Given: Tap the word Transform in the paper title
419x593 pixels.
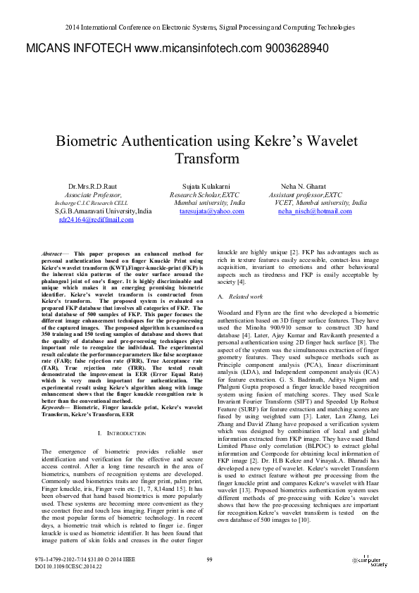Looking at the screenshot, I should click(x=209, y=159).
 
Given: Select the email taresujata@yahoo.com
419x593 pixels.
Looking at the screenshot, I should click(x=212, y=211).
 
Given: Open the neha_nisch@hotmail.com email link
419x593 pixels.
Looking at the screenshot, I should click(x=315, y=211).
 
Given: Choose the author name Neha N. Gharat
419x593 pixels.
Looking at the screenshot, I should click(x=303, y=186).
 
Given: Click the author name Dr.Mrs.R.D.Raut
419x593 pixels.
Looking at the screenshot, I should click(x=92, y=186).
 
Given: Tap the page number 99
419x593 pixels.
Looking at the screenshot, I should click(x=209, y=559).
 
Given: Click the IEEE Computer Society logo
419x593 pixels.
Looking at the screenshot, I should click(x=369, y=561).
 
